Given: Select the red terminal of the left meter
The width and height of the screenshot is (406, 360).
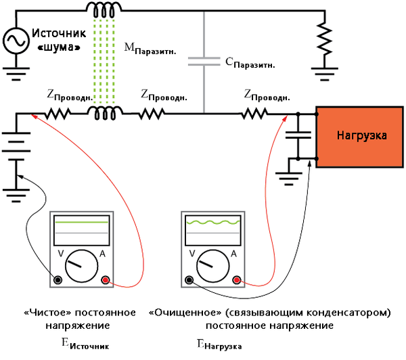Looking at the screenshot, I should (106, 279).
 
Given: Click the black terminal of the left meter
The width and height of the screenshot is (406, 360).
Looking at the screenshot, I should (59, 279).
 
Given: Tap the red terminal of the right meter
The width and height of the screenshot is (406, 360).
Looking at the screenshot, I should (235, 279).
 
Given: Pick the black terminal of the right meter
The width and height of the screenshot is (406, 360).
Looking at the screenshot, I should (189, 279).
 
